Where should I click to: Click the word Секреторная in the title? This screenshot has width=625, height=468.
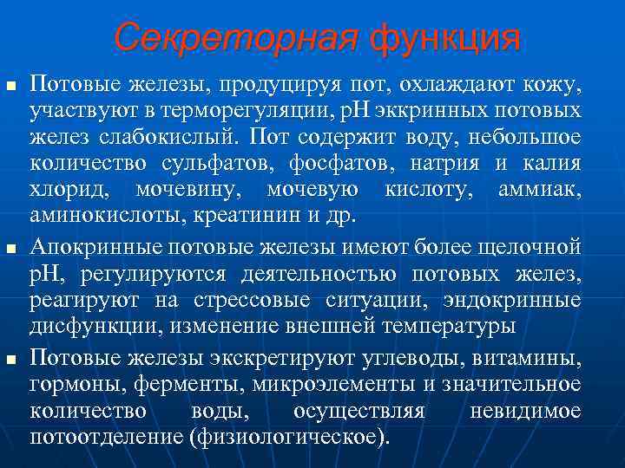pos(235,38)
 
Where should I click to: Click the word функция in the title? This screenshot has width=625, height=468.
pos(445,38)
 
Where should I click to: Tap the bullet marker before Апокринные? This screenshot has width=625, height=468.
pos(10,250)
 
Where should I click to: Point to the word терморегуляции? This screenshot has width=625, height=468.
pos(253,113)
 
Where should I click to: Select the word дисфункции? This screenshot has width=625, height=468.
pos(82,326)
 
